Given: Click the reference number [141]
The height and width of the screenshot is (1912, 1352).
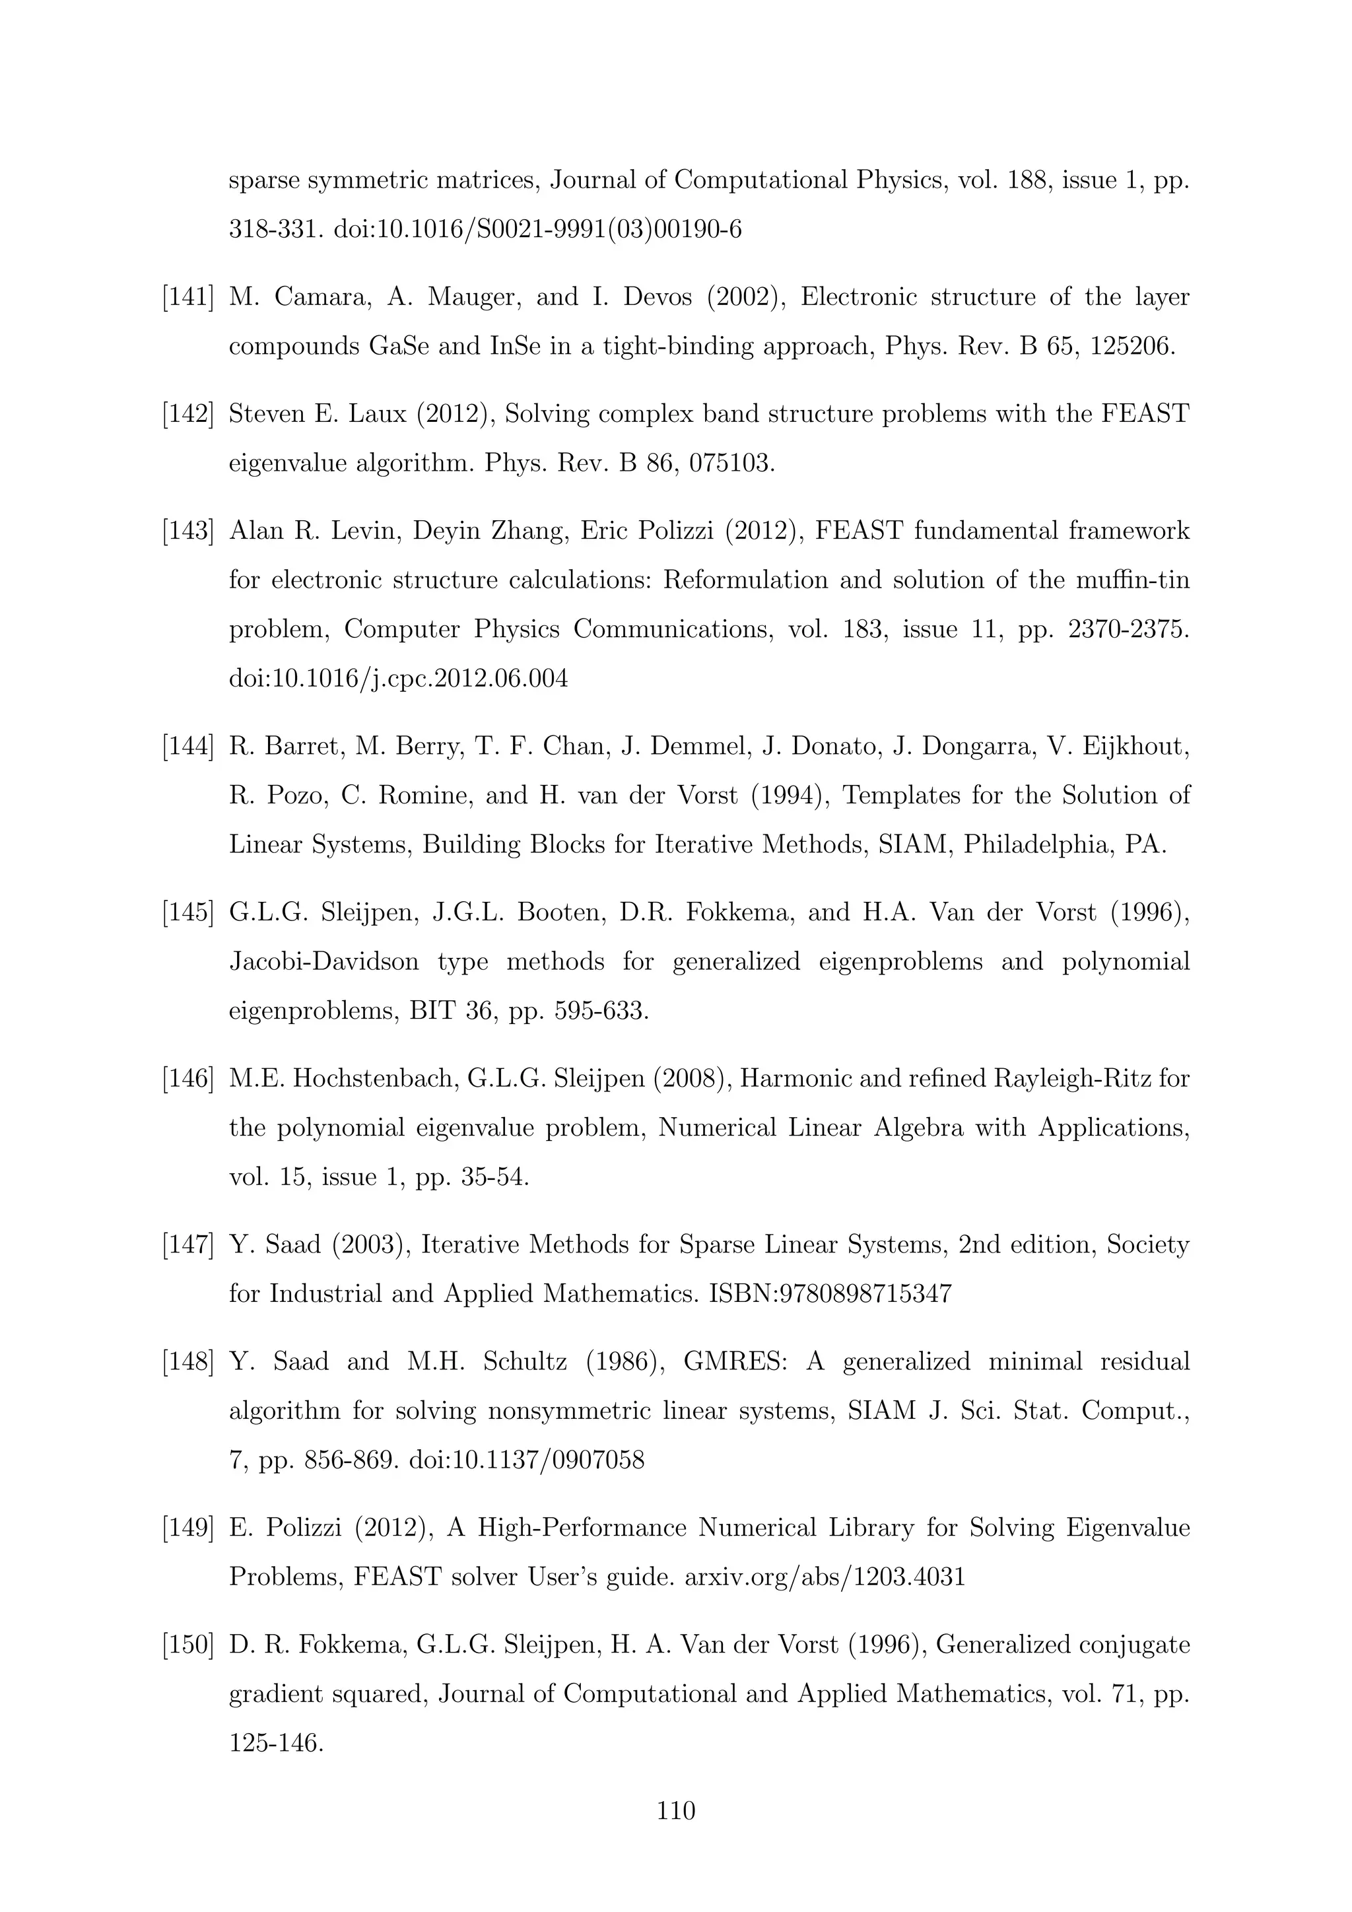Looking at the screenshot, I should pyautogui.click(x=187, y=297).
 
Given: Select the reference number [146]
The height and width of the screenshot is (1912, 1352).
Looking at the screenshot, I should pyautogui.click(x=187, y=1079).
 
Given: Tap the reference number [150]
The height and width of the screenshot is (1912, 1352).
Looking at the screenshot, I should pyautogui.click(x=187, y=1645).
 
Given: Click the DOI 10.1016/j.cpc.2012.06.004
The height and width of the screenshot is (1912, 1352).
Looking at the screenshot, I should pyautogui.click(x=398, y=679).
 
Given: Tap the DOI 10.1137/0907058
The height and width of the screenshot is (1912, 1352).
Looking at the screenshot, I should pyautogui.click(x=526, y=1460).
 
